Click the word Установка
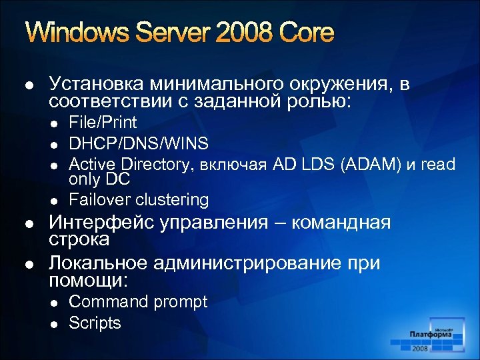click(96, 85)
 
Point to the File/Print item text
click(103, 123)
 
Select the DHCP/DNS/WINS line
click(139, 143)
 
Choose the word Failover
click(99, 199)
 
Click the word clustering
click(172, 199)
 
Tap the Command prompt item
click(138, 302)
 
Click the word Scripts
click(95, 323)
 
